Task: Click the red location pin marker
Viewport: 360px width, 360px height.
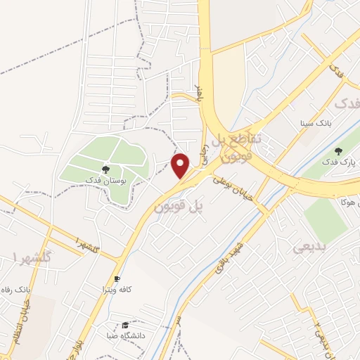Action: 181,166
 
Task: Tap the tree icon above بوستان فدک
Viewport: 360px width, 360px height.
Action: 106,169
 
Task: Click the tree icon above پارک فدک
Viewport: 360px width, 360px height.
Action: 339,151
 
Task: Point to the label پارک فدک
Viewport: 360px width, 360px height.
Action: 340,162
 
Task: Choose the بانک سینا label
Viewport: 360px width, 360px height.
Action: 314,122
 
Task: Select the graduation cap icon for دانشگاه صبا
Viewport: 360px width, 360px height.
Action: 125,326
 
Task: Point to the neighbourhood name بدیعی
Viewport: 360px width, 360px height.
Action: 307,247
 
